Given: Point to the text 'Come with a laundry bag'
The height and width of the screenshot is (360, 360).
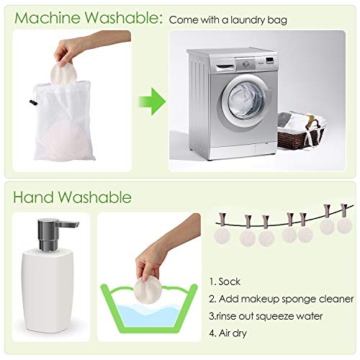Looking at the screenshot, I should (228, 19).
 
